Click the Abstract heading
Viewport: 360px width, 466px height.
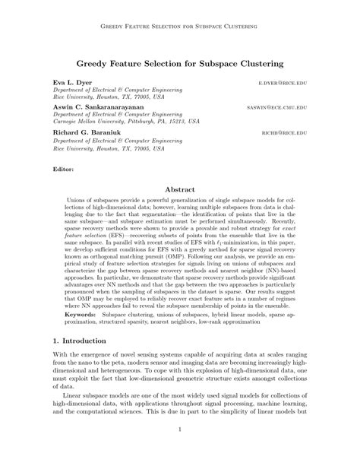tap(179, 194)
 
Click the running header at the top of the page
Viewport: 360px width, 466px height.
tap(179, 27)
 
